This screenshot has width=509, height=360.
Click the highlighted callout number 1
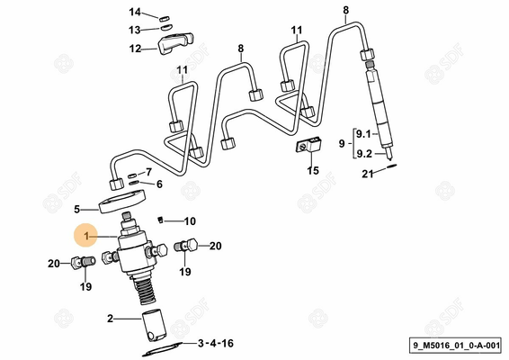[86, 237]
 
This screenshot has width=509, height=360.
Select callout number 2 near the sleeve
[111, 318]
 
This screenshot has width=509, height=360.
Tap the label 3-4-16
[215, 343]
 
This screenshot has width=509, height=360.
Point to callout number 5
[77, 208]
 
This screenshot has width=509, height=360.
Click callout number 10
[189, 221]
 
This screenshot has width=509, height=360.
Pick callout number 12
[135, 49]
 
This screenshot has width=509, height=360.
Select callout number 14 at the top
[135, 12]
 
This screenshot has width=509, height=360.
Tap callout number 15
[312, 170]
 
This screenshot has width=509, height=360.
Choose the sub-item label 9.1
[363, 133]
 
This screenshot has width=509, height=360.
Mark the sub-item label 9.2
[363, 154]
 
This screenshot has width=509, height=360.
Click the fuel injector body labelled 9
[380, 108]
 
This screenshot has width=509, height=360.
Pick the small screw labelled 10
[162, 219]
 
